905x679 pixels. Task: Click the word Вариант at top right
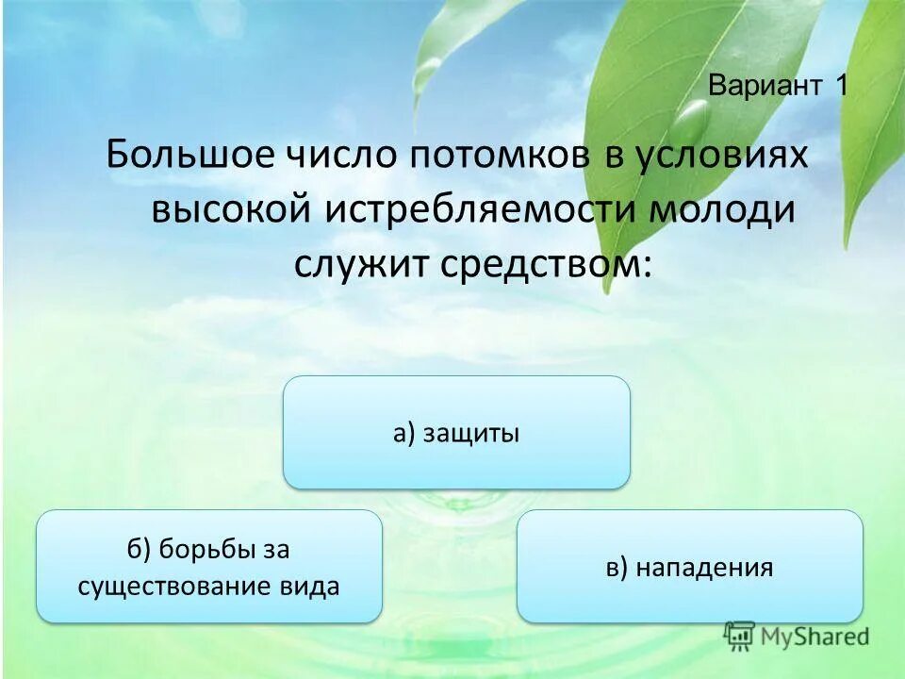point(765,86)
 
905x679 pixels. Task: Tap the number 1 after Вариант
point(841,86)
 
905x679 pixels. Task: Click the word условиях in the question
point(719,154)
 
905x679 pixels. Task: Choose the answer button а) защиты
point(456,433)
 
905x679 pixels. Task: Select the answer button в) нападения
point(689,567)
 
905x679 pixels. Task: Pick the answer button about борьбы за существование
point(208,567)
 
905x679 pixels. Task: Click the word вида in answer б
point(310,586)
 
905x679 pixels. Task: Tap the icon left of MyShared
point(739,635)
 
